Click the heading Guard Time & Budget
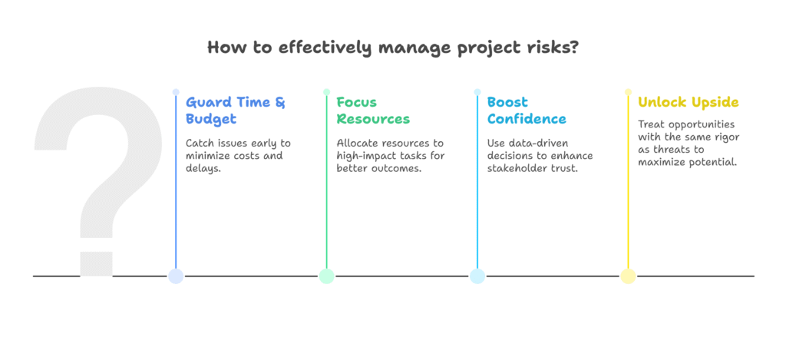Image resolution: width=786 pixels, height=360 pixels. pos(236,111)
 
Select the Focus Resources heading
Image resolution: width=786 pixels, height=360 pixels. pos(373,111)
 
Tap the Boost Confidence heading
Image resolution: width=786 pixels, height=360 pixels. pos(527,111)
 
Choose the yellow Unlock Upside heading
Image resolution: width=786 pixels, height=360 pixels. pos(688,102)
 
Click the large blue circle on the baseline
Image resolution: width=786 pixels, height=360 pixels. pos(176,276)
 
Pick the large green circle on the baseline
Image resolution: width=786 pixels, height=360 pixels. pos(327,276)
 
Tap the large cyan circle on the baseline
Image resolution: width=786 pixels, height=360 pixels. pos(477,276)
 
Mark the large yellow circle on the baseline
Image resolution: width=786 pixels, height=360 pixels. pos(628,276)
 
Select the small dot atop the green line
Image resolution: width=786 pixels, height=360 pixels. pos(327,92)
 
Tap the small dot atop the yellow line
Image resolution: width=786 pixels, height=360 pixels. pos(628,92)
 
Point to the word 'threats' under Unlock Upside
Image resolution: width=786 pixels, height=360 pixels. pos(674,150)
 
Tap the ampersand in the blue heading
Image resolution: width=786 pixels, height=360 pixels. pos(280,102)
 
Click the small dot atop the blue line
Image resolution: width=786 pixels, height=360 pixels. pos(176,92)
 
